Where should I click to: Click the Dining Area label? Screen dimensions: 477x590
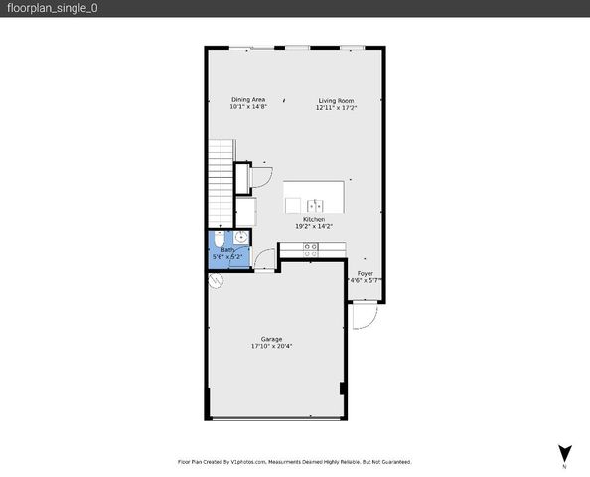[248, 100]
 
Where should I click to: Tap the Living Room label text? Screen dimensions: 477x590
[336, 100]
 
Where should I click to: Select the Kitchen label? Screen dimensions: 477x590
[314, 219]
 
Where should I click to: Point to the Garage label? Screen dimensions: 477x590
[272, 339]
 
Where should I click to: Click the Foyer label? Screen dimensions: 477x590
[366, 272]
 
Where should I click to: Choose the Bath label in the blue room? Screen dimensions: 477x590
[227, 250]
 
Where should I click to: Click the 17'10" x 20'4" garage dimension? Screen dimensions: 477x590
[272, 347]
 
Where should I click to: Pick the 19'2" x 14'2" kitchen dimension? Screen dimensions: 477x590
[314, 226]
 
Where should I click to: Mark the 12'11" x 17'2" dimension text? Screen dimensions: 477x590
[336, 107]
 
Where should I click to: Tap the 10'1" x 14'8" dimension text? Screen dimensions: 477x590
[248, 107]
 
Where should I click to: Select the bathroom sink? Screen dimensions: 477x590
[240, 238]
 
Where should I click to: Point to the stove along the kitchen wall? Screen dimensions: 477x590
[310, 247]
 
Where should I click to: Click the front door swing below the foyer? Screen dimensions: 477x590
[364, 317]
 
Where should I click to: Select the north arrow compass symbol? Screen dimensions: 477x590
[564, 452]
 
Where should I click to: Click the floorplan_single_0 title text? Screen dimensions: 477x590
[50, 8]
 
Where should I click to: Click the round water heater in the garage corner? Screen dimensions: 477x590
[214, 280]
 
